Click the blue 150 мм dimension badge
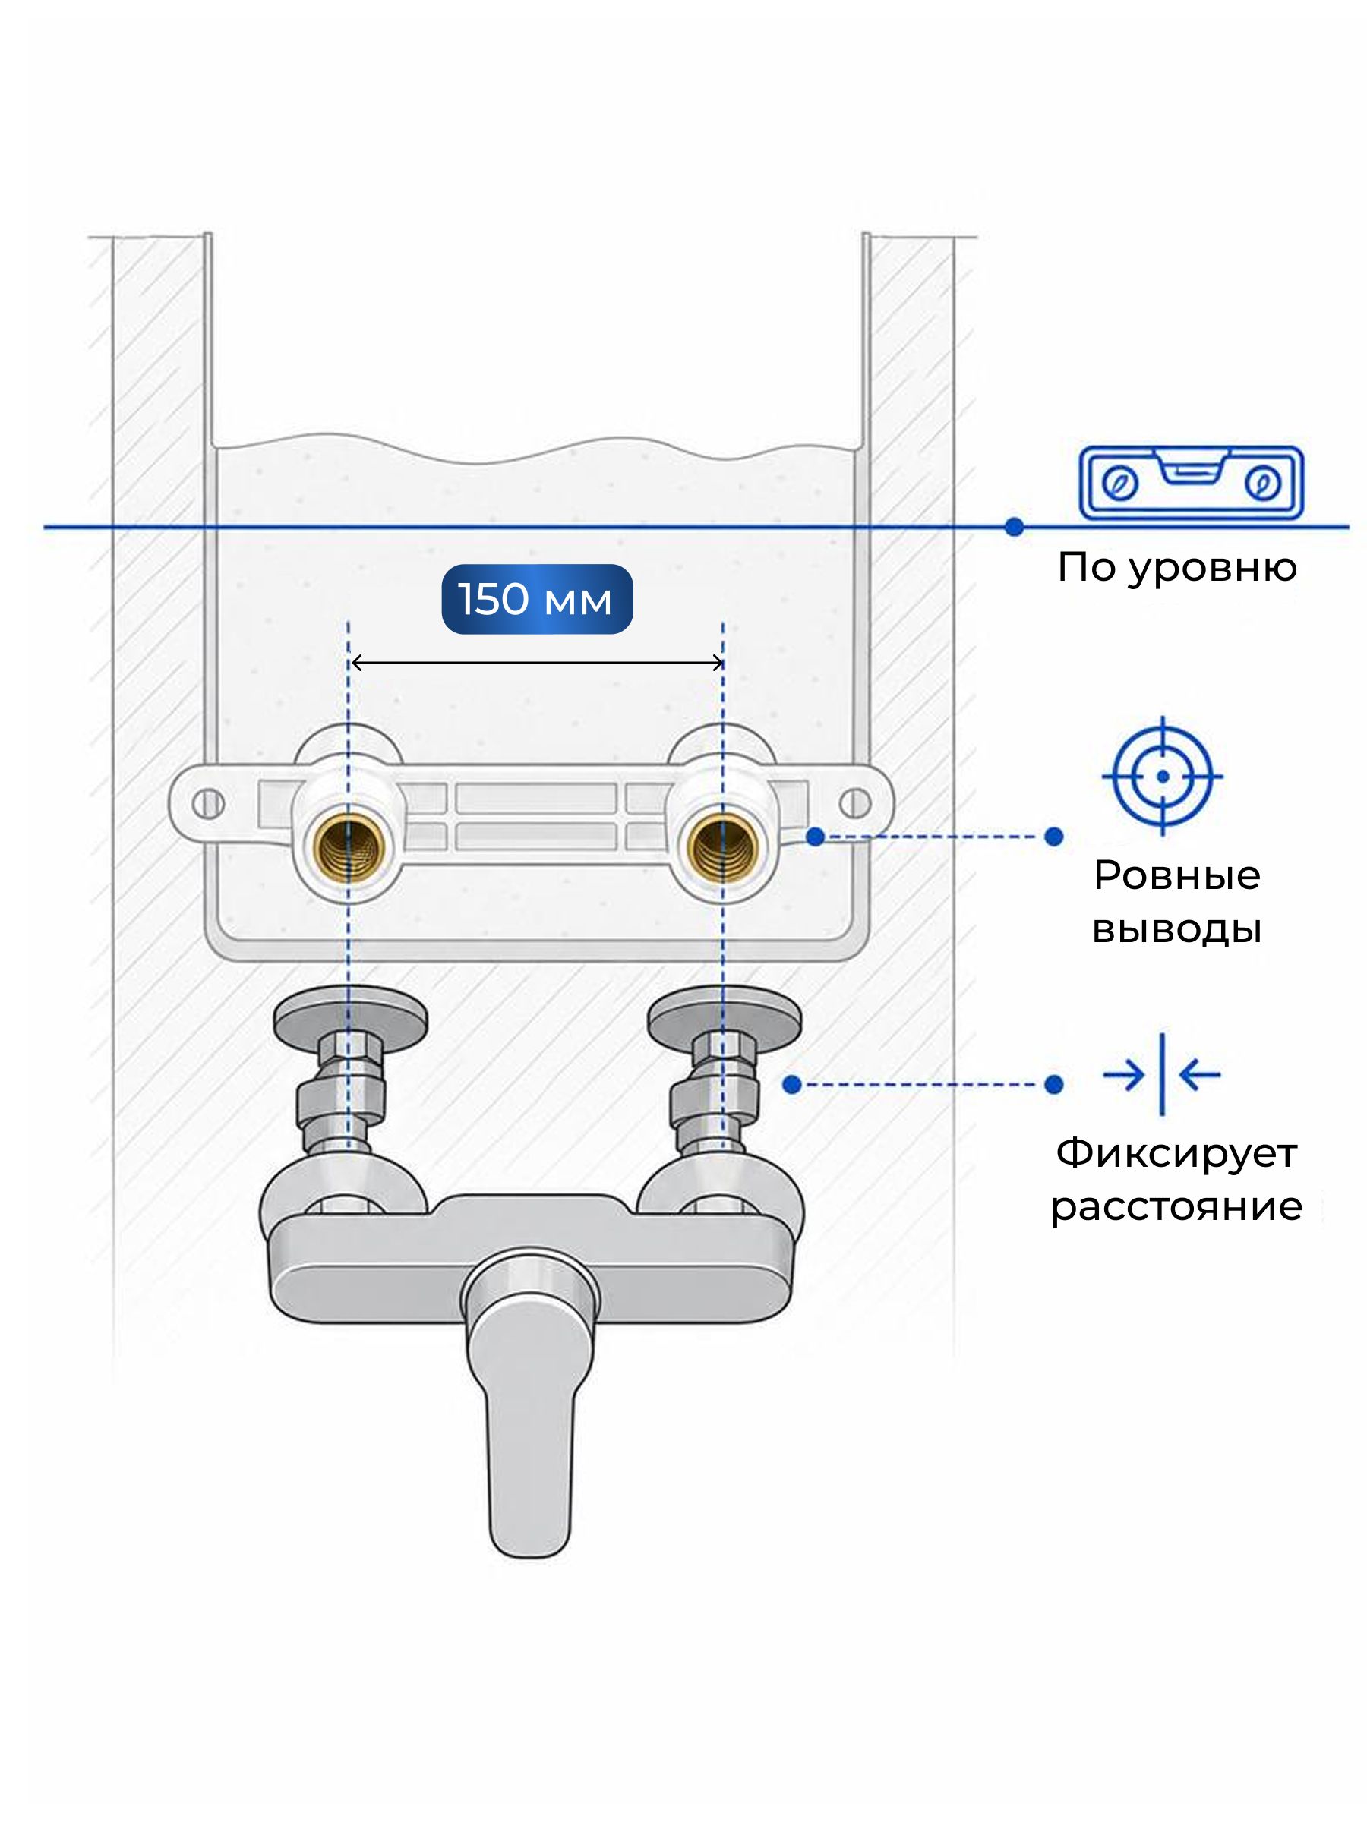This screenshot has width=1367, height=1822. pyautogui.click(x=537, y=599)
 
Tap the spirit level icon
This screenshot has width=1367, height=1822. pyautogui.click(x=1191, y=484)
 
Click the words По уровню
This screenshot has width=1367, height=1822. pyautogui.click(x=1176, y=569)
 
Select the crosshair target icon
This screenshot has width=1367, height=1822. pyautogui.click(x=1162, y=776)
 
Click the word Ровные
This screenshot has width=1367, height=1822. pyautogui.click(x=1176, y=875)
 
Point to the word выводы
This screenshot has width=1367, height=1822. pyautogui.click(x=1176, y=929)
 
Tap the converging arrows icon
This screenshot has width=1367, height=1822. pyautogui.click(x=1162, y=1074)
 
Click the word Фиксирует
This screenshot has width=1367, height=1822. pyautogui.click(x=1176, y=1153)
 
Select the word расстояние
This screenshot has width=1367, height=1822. pyautogui.click(x=1176, y=1208)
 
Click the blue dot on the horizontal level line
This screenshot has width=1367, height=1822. pyautogui.click(x=1015, y=526)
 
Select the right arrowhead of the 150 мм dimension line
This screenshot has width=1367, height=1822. pyautogui.click(x=716, y=662)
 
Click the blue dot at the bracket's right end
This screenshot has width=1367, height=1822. pyautogui.click(x=816, y=837)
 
